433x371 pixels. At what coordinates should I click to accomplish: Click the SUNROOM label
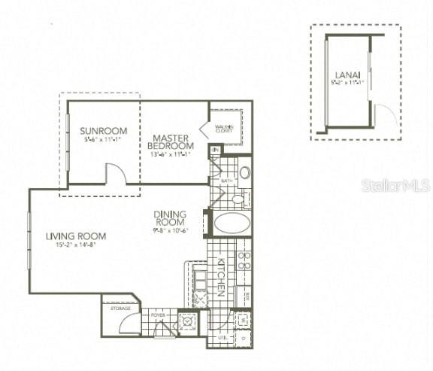coord(98,131)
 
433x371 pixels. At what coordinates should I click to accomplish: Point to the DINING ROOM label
coord(170,217)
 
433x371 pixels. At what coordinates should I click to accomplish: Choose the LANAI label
coord(347,75)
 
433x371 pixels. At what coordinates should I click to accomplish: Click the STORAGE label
coord(120,309)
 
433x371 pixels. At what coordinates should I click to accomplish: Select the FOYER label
coord(158,315)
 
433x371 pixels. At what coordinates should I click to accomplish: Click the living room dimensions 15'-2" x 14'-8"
coord(76,244)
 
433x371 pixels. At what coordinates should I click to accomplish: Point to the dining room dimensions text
coord(171,231)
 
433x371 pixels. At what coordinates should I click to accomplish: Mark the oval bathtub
coord(231,224)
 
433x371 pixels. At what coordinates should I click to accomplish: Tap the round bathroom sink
coord(244,172)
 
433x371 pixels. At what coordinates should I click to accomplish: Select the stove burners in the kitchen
coord(244,261)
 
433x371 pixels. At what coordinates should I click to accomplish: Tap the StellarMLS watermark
coord(395,185)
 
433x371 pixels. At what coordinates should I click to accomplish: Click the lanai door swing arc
coord(384,117)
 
